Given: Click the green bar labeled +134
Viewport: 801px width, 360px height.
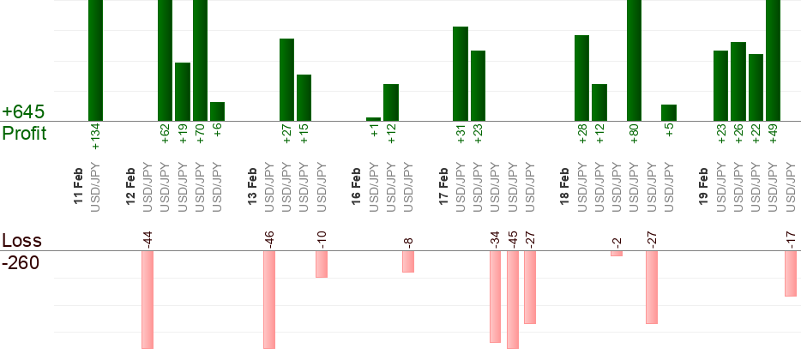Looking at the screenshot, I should click(95, 60).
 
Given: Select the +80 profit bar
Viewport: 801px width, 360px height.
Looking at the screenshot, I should click(634, 60).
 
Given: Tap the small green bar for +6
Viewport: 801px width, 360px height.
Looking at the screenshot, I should click(217, 111).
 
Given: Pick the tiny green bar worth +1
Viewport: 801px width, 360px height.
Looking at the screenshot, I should click(373, 119).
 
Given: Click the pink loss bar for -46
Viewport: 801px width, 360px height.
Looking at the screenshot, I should click(269, 300).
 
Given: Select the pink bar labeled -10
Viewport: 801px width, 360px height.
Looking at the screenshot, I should click(322, 264).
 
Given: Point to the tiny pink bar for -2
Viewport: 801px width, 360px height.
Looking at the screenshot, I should click(617, 254).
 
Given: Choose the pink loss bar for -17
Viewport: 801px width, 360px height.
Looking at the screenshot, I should click(791, 273).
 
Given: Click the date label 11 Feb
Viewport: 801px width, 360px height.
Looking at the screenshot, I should click(78, 187).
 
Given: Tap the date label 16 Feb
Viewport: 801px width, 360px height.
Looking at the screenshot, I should click(356, 187).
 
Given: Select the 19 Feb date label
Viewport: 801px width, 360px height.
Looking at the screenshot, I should click(703, 187).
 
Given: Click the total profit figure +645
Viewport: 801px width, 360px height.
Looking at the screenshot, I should click(23, 112).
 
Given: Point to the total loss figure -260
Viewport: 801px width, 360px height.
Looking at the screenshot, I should click(21, 262).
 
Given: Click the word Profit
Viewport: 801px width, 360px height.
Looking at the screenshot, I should click(25, 134).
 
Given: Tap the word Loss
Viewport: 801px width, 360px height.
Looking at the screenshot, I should click(21, 240).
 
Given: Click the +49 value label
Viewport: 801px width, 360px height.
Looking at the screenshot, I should click(774, 138).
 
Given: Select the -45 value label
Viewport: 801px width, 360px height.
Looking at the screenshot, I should click(513, 237).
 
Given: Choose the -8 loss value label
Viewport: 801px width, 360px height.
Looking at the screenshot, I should click(408, 241).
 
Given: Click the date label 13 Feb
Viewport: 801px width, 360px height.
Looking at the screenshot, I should click(252, 187).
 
